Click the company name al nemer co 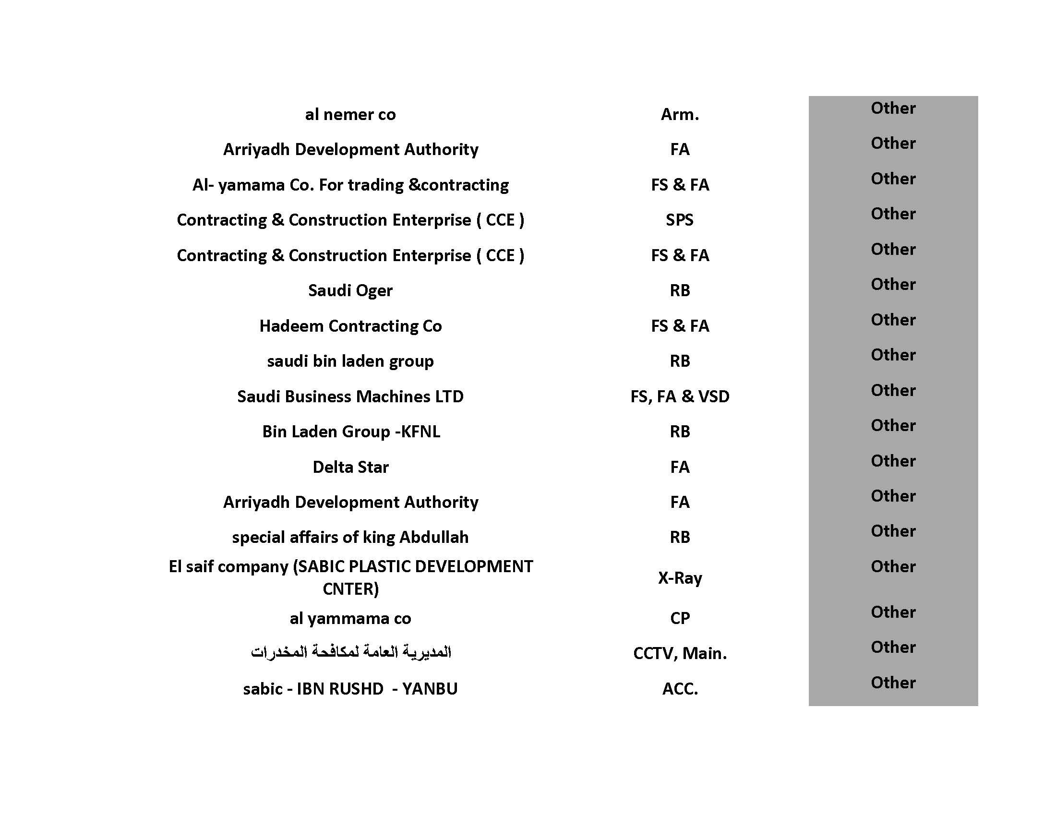coord(350,115)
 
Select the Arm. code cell coord(679,115)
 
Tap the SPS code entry coord(679,220)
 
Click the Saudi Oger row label coord(350,290)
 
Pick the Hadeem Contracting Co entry coord(350,326)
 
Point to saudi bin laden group coord(350,361)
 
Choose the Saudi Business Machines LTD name coord(350,396)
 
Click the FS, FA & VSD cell coord(679,396)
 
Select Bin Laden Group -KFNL coord(351,432)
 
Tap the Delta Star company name coord(350,467)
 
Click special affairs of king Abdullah coord(350,537)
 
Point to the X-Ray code coord(679,577)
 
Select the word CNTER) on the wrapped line coord(350,589)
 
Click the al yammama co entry coord(350,618)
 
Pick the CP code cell coord(679,618)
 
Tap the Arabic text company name coord(350,652)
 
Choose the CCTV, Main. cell coord(679,654)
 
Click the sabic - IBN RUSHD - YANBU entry coord(350,689)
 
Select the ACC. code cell coord(679,689)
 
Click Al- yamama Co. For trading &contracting coord(350,185)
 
